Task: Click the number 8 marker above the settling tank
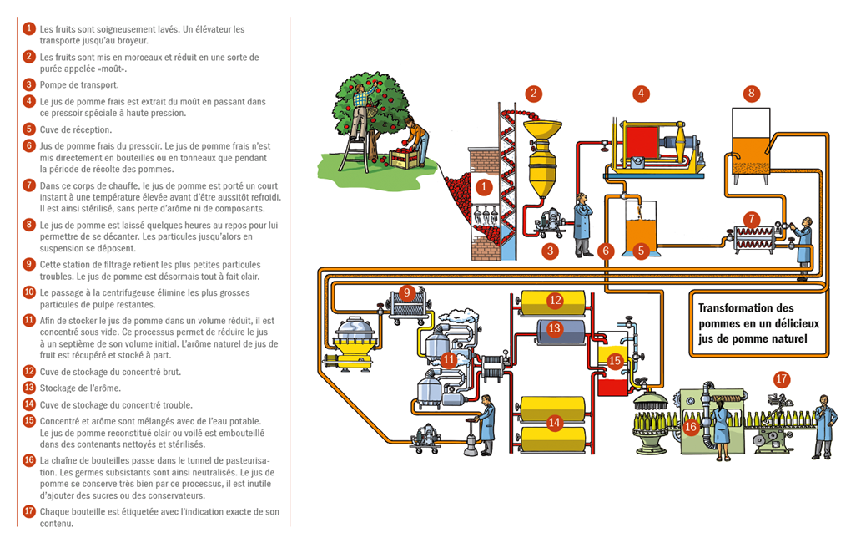click(x=751, y=93)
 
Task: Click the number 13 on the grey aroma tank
click(x=555, y=328)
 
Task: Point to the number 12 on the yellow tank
click(x=555, y=300)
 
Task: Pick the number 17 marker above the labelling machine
click(x=781, y=378)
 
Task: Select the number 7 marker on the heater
click(x=753, y=219)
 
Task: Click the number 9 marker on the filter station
click(x=407, y=292)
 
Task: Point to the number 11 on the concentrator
click(x=449, y=361)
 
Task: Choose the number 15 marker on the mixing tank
click(x=615, y=361)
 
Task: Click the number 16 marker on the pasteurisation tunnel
click(x=690, y=427)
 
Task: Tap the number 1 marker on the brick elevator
click(x=483, y=186)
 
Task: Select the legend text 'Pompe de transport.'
click(x=79, y=85)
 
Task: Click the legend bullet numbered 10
click(x=29, y=292)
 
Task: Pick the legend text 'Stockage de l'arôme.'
click(x=81, y=388)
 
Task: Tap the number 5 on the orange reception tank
click(x=641, y=250)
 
